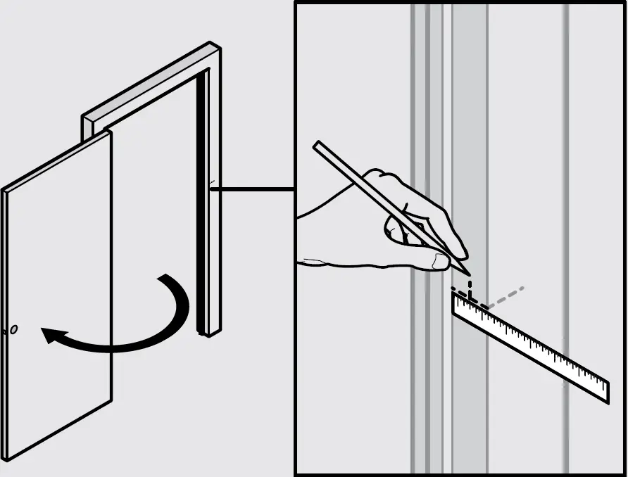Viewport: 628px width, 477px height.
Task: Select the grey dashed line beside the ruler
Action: [x=505, y=298]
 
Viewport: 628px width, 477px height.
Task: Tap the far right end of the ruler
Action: [x=606, y=391]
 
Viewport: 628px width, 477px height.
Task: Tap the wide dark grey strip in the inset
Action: [x=469, y=141]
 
